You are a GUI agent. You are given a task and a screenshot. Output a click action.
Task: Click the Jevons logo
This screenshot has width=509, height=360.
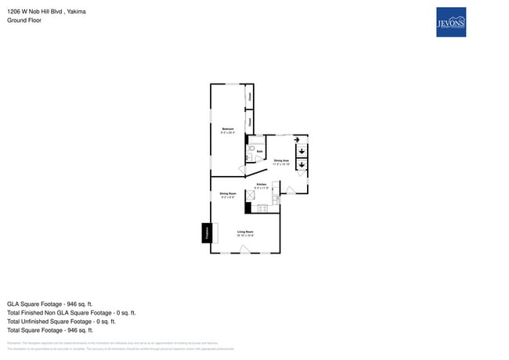450,22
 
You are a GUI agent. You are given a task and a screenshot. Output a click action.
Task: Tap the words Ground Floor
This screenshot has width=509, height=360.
24,20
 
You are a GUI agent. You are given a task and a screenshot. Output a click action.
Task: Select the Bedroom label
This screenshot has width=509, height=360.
228,129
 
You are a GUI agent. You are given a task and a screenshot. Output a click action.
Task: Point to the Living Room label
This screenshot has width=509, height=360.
245,232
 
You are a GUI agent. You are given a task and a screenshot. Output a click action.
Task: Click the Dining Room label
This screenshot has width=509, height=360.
228,195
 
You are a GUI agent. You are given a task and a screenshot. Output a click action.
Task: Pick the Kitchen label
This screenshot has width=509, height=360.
262,185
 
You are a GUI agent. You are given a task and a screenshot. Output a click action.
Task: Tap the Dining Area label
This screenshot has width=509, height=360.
281,161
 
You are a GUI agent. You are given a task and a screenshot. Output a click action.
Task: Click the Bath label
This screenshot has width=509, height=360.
259,152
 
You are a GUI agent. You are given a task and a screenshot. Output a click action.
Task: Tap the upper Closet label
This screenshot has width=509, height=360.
249,97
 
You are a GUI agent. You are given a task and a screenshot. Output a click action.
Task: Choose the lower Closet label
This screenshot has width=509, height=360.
249,122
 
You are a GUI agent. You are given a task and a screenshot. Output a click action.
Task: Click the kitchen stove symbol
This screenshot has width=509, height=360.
262,208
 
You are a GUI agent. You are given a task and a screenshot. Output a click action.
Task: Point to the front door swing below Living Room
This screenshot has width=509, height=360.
245,250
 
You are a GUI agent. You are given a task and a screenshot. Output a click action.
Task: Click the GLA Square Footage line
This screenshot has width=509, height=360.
50,304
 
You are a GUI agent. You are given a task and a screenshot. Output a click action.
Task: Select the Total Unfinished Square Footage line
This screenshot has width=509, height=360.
61,321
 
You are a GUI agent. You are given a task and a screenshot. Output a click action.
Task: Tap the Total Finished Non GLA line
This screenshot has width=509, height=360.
71,312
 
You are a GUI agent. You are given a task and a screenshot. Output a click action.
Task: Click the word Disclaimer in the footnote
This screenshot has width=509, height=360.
14,343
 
